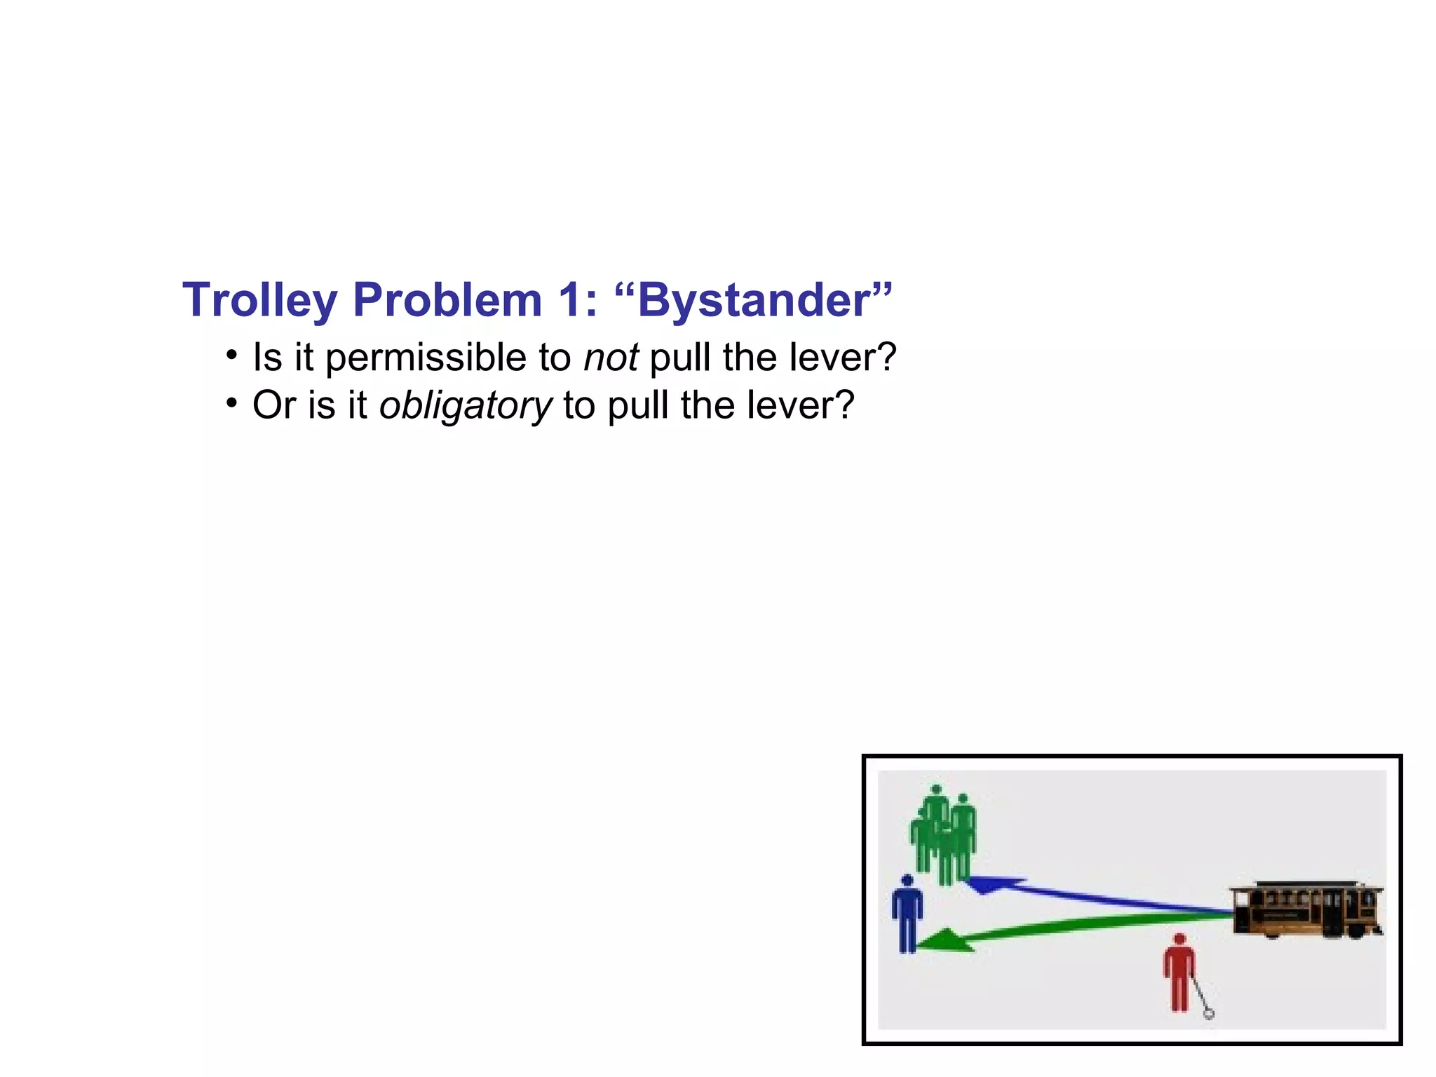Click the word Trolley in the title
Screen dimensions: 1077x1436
pos(259,301)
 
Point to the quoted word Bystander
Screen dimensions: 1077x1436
pos(754,301)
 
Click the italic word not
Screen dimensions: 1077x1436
pos(611,358)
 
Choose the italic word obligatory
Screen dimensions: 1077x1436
pos(465,406)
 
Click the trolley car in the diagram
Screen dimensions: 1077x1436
pos(1306,909)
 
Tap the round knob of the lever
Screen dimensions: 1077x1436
pos(1209,1013)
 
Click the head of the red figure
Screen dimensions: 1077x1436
pos(1179,939)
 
